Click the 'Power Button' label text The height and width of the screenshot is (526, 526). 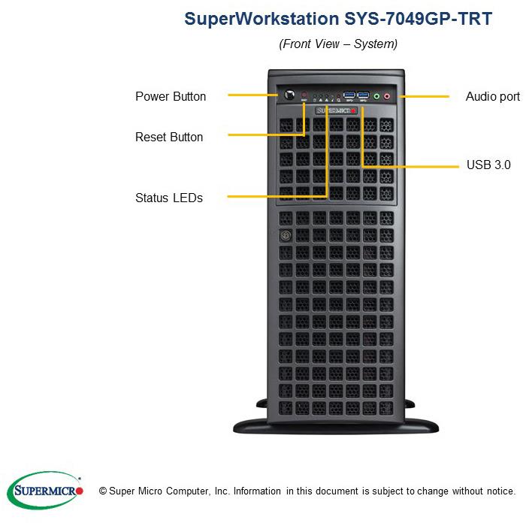[171, 96]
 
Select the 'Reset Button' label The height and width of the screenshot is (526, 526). [169, 137]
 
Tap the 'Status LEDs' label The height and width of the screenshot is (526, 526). [169, 198]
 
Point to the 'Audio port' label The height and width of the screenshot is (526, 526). [492, 96]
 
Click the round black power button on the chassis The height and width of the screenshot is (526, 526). [289, 96]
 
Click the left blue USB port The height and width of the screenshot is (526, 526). [348, 95]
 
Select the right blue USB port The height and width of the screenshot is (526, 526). [364, 95]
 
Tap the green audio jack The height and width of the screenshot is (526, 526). [376, 95]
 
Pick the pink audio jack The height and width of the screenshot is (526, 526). [387, 95]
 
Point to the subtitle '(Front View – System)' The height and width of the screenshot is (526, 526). [338, 44]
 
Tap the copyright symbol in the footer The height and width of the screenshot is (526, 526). [103, 491]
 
